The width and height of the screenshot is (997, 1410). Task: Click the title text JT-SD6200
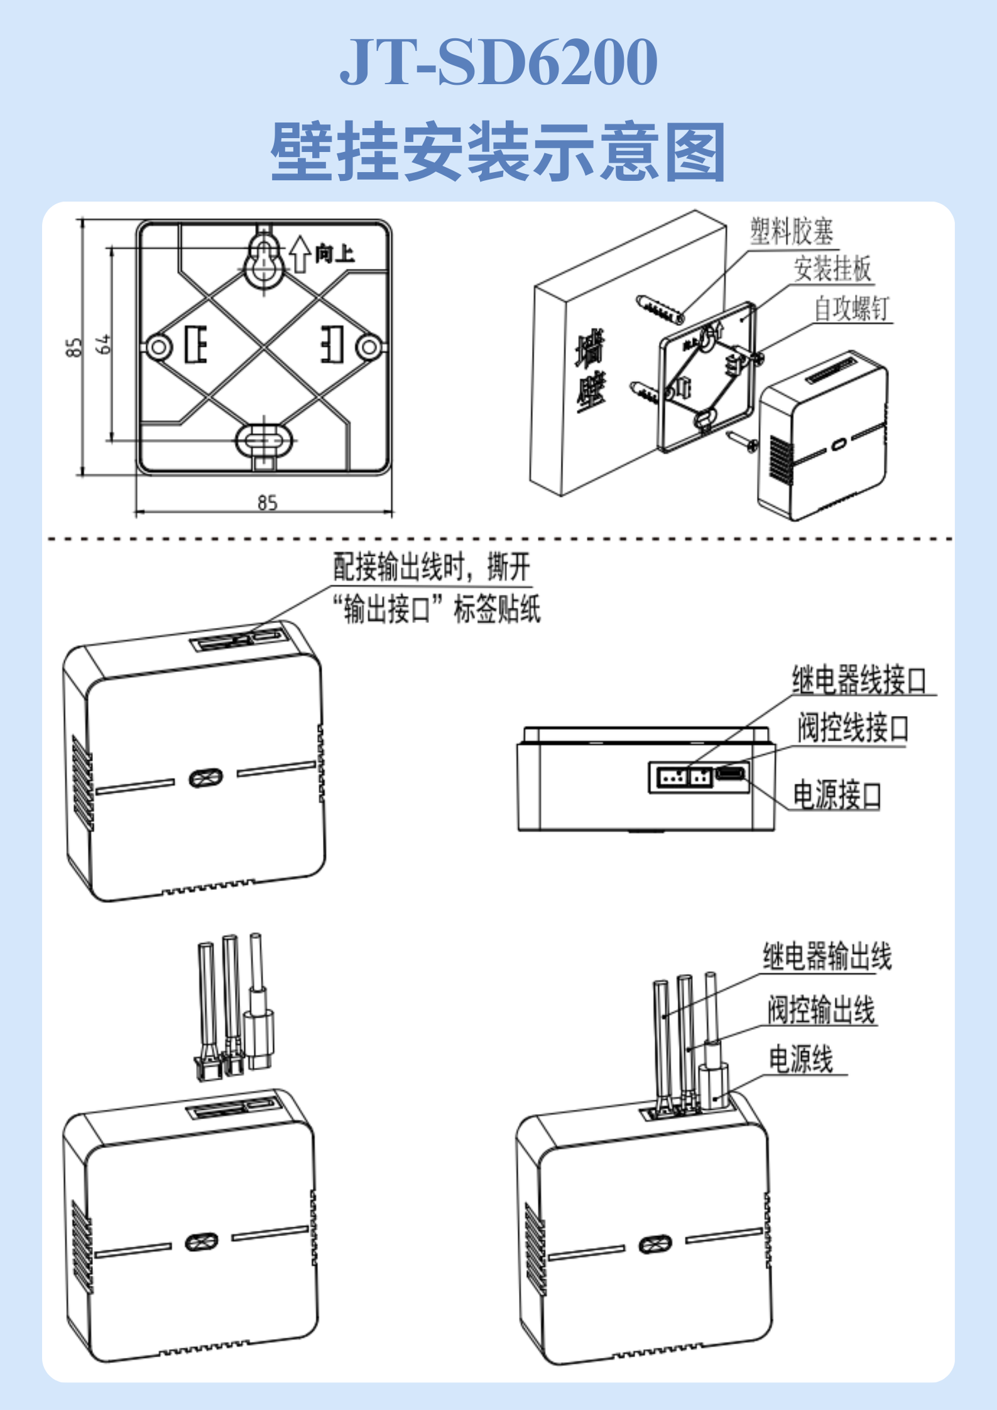[x=498, y=62]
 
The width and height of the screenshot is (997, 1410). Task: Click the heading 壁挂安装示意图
[x=498, y=153]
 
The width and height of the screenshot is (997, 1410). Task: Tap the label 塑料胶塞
[x=792, y=232]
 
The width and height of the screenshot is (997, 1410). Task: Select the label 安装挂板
[x=832, y=269]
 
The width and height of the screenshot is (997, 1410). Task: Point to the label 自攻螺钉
[x=852, y=308]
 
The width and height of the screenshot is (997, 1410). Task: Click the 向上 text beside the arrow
[x=334, y=254]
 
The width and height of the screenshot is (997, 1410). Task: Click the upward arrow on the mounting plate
[x=300, y=254]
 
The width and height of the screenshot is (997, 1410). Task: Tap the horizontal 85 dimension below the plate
[x=267, y=502]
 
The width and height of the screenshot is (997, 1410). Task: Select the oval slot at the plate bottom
[x=264, y=440]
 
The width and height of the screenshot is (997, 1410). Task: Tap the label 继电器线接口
[x=858, y=680]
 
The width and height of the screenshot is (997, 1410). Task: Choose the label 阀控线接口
[x=853, y=729]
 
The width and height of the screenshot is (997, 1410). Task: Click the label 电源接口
[x=836, y=795]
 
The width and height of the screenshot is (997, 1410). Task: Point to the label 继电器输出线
[x=827, y=957]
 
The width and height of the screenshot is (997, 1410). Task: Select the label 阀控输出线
[x=821, y=1010]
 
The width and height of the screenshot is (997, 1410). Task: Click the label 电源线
[x=801, y=1059]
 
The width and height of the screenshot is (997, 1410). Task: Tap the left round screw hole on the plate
[x=158, y=346]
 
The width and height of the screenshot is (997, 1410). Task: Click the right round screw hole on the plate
[x=369, y=346]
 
